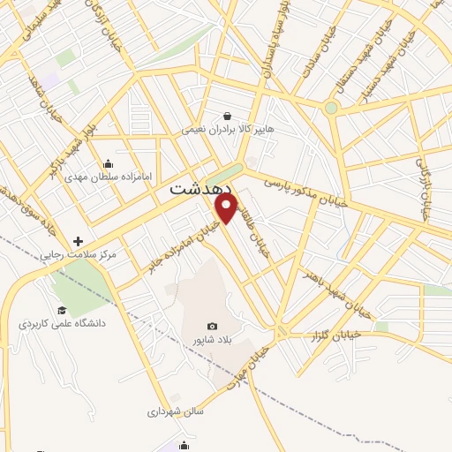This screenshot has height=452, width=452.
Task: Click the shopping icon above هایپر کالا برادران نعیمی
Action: (228, 116)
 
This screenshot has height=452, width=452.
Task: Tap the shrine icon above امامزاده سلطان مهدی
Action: (108, 163)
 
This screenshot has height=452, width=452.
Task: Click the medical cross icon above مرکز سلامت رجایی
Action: (79, 241)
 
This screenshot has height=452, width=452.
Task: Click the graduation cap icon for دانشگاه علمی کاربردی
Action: (62, 310)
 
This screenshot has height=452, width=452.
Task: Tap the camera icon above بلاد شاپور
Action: (211, 326)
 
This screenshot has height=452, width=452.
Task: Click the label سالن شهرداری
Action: (176, 411)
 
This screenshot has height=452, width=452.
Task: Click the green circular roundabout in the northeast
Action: (331, 109)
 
